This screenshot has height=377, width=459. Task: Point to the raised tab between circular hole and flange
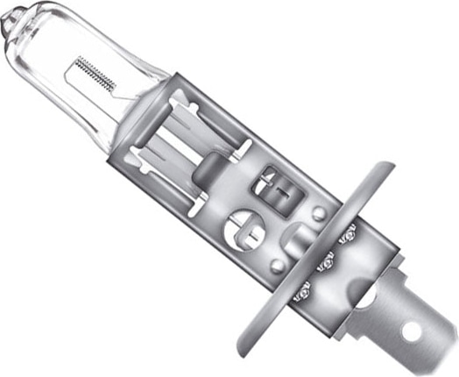tap(298, 238)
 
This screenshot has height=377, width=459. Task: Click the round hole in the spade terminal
tap(412, 333)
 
